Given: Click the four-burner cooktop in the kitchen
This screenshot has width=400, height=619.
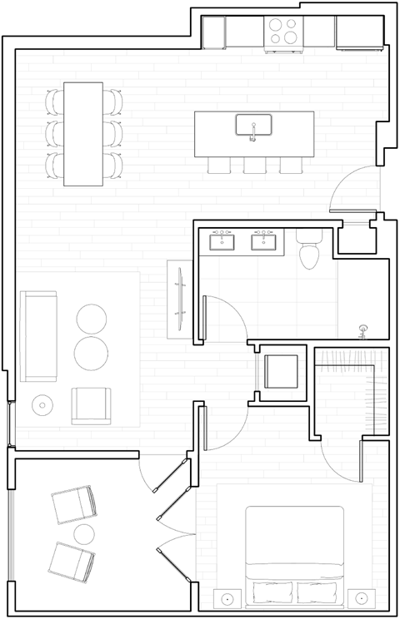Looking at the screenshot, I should (x=282, y=32).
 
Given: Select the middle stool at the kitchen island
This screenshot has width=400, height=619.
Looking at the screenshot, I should (x=254, y=165).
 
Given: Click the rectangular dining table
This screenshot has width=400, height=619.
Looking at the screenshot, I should (x=83, y=134).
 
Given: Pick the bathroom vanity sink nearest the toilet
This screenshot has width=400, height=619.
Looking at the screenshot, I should (x=264, y=241).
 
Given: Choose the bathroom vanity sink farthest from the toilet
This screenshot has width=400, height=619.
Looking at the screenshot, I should (x=222, y=241).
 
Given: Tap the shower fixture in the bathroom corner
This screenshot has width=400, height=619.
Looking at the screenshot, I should (x=362, y=331).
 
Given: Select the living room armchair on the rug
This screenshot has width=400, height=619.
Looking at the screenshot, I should (x=91, y=405).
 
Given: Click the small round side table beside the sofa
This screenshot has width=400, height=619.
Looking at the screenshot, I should (x=42, y=405).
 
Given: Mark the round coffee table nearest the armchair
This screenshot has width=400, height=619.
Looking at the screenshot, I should (x=91, y=353).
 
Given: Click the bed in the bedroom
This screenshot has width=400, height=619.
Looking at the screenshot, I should (x=294, y=551).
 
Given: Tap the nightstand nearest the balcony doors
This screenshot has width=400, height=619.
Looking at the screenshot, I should (x=227, y=598).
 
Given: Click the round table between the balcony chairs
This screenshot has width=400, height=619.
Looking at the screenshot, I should (x=83, y=533).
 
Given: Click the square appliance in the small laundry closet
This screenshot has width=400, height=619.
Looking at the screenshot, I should (x=281, y=371).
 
